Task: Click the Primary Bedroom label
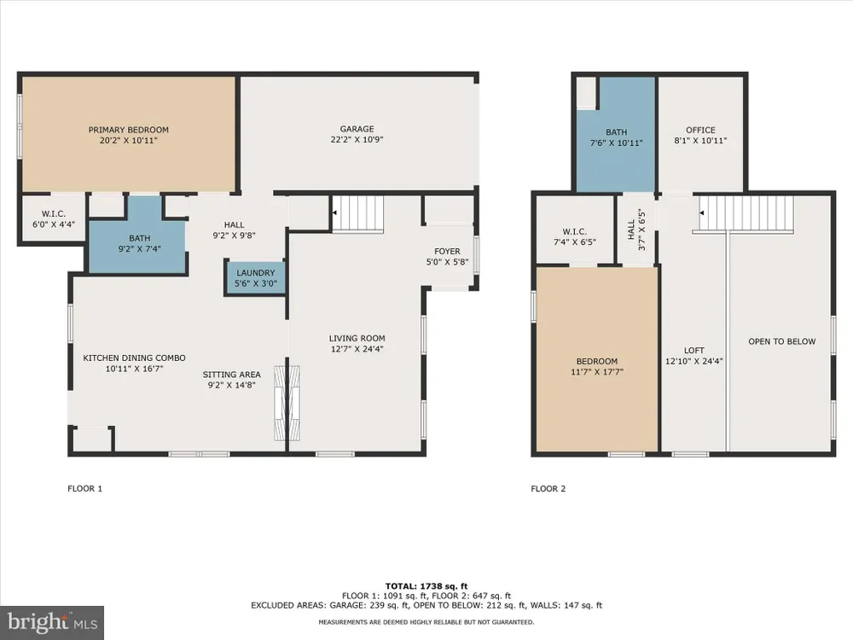(x=129, y=130)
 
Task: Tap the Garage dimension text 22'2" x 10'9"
(x=357, y=139)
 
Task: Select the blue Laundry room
(x=255, y=278)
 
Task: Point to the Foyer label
(x=447, y=252)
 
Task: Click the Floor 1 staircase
(x=357, y=214)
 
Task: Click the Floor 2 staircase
(x=746, y=214)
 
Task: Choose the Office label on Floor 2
(x=700, y=130)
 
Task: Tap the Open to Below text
(x=781, y=342)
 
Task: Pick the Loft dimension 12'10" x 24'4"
(x=694, y=361)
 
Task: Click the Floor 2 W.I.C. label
(x=574, y=232)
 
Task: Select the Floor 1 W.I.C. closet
(x=53, y=217)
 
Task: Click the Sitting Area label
(x=232, y=375)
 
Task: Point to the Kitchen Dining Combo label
(x=134, y=358)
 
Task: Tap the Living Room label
(x=357, y=339)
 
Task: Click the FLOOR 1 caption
(x=84, y=489)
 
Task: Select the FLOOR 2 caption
(x=548, y=489)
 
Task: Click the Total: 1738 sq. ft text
(x=426, y=586)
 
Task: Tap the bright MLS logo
(x=52, y=623)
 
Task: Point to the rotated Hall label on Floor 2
(x=631, y=230)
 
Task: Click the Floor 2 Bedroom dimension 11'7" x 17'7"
(x=597, y=372)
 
